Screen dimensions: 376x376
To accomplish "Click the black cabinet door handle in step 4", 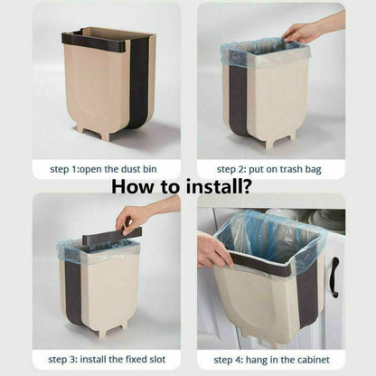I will pos(334,277).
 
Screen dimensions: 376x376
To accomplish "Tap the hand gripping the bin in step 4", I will pos(212,250).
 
